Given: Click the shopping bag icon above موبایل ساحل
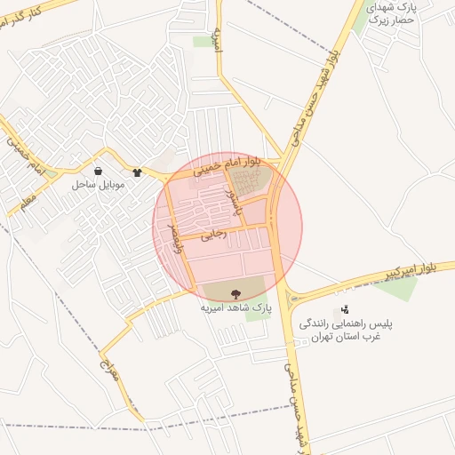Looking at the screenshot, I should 97,172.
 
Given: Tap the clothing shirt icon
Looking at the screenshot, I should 137,173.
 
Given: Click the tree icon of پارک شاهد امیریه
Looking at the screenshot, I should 235,292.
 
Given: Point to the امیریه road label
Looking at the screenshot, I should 216,36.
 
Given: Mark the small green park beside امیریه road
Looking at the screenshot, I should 204,41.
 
